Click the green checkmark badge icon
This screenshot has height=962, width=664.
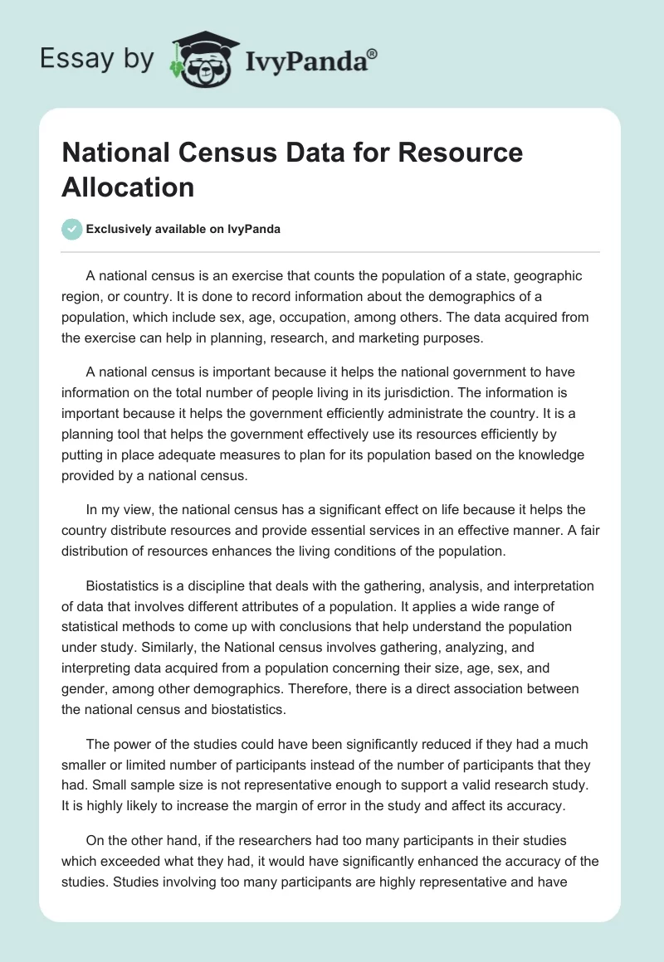pos(72,229)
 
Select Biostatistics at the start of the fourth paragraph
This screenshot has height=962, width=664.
pos(127,585)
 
